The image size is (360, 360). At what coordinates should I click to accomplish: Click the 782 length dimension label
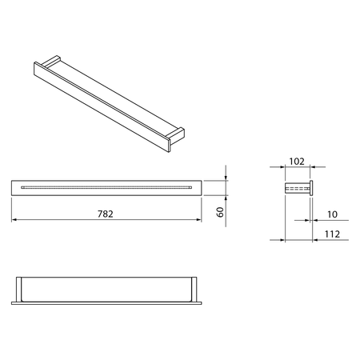pyautogui.click(x=106, y=214)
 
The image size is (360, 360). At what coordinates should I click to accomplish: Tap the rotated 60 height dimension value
pyautogui.click(x=220, y=212)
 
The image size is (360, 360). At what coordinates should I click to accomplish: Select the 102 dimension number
pyautogui.click(x=297, y=162)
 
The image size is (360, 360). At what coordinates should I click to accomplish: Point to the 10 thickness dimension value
pyautogui.click(x=332, y=214)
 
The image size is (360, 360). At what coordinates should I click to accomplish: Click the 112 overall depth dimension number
pyautogui.click(x=332, y=234)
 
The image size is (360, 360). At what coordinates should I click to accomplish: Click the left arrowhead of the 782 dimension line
pyautogui.click(x=14, y=220)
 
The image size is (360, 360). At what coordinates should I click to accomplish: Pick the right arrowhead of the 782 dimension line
pyautogui.click(x=198, y=220)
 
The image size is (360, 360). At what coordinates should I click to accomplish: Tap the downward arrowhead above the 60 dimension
pyautogui.click(x=226, y=178)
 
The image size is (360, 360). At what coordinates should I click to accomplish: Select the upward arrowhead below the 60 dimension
pyautogui.click(x=226, y=198)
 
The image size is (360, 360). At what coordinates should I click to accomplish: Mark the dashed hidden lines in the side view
pyautogui.click(x=298, y=189)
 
